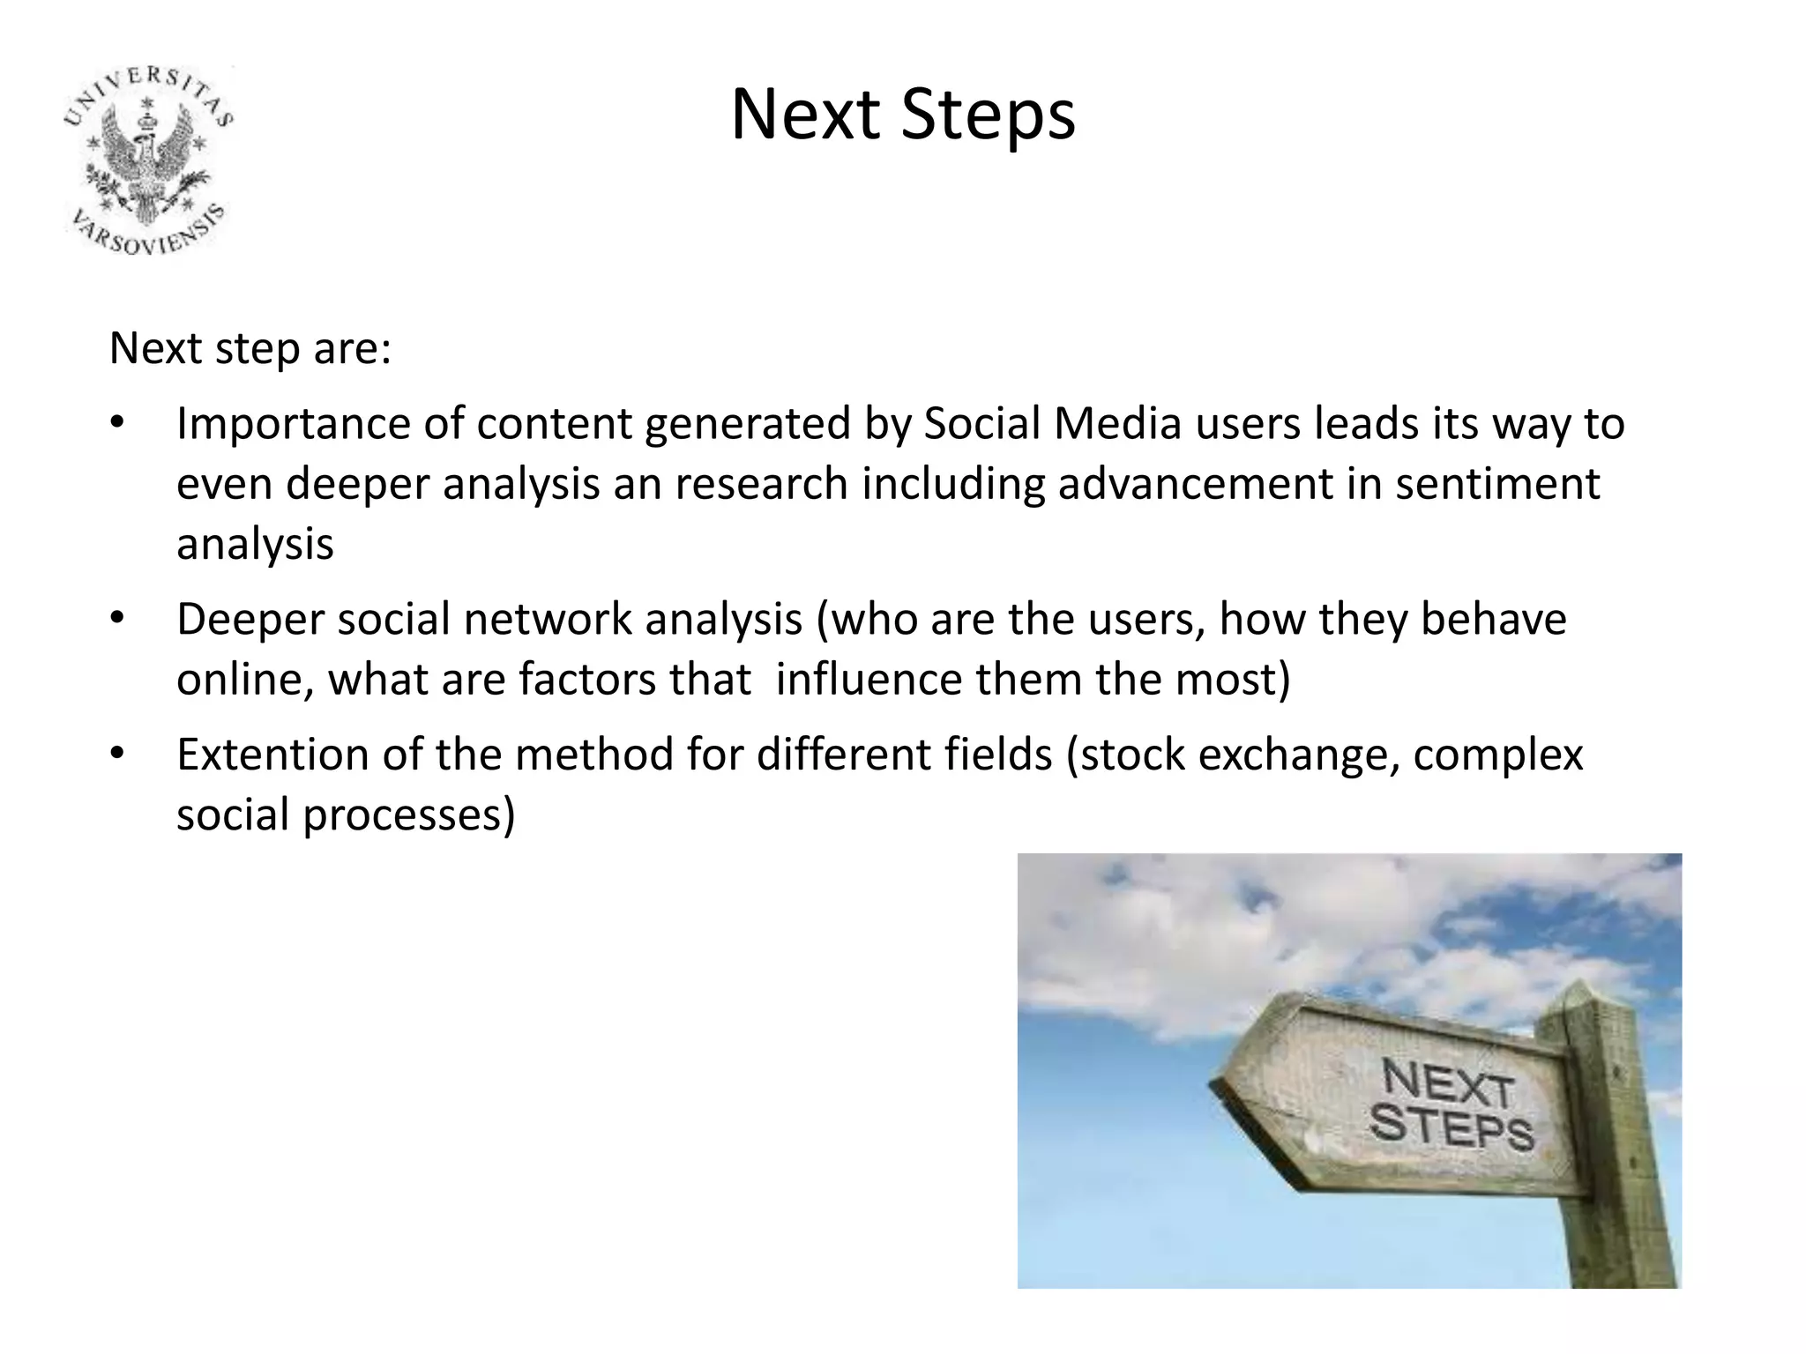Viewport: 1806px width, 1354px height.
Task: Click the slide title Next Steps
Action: [x=903, y=115]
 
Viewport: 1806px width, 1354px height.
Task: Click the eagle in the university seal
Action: [x=148, y=159]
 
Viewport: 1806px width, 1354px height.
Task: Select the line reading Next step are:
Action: [x=250, y=349]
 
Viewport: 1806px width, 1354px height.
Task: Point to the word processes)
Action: [x=409, y=815]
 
